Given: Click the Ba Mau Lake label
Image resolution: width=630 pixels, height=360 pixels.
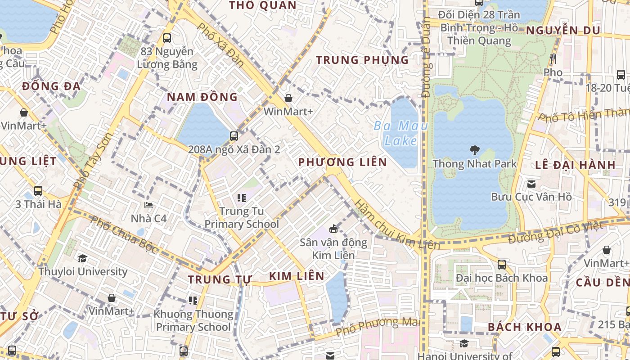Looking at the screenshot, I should click(400, 133).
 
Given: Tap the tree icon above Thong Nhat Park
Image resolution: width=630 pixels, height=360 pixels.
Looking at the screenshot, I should click(474, 150).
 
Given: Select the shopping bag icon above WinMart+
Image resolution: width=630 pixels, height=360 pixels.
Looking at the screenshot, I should click(288, 98).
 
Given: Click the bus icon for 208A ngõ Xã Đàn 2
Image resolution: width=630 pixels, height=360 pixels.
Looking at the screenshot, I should click(234, 136).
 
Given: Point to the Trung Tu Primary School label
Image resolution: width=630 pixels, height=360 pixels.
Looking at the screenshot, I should click(242, 217).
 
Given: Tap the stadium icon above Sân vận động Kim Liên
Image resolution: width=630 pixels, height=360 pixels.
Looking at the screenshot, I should click(333, 229).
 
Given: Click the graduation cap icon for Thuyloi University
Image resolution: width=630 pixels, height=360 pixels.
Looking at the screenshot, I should click(82, 258).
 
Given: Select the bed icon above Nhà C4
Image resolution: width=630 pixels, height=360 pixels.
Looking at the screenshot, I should click(148, 206).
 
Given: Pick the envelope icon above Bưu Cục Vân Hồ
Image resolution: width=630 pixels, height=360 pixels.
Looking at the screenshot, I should click(531, 184).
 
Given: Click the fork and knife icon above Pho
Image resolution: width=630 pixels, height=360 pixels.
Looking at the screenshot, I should click(553, 59).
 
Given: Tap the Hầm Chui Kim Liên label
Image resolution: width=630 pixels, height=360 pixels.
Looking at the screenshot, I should click(396, 225).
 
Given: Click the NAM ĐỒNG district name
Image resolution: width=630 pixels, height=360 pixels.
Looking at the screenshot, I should click(202, 97).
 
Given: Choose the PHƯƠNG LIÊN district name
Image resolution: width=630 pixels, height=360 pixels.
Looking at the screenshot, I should click(342, 162).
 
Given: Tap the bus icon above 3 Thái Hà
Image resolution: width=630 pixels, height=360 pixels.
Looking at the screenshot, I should click(38, 191).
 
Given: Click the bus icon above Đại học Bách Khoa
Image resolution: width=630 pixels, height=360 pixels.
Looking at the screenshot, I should click(502, 265).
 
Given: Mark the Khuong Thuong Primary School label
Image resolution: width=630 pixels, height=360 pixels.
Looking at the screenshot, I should click(193, 320).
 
